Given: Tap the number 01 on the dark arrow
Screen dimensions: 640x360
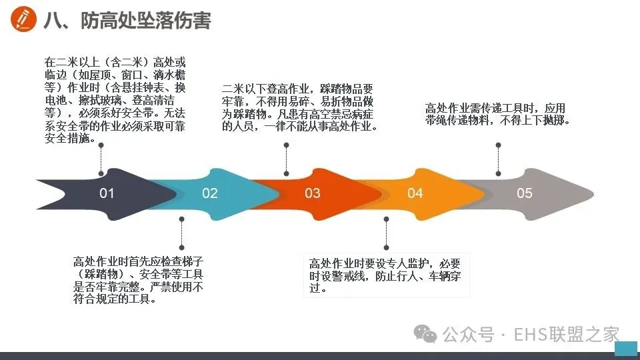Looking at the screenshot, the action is (107, 193).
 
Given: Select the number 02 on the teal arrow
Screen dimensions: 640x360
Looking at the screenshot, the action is (210, 193).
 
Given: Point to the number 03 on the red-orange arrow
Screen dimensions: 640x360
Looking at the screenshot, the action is (313, 193).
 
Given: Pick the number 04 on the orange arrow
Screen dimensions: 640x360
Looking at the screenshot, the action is (415, 193).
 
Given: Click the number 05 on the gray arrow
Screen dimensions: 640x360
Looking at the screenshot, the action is (525, 193).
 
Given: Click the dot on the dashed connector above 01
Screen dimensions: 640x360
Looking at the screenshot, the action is (101, 173).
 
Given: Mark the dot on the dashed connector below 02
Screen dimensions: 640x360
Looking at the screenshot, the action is (181, 219).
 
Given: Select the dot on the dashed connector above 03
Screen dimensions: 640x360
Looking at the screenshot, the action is (287, 173).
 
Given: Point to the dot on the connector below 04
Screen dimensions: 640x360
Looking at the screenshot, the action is (387, 217).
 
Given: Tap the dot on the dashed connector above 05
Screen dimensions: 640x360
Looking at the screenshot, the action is (499, 173).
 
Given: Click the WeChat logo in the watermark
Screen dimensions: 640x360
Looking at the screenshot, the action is (425, 333).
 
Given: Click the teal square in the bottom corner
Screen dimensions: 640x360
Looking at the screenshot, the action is (625, 348).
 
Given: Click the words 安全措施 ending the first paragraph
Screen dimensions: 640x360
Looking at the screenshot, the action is (69, 140).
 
